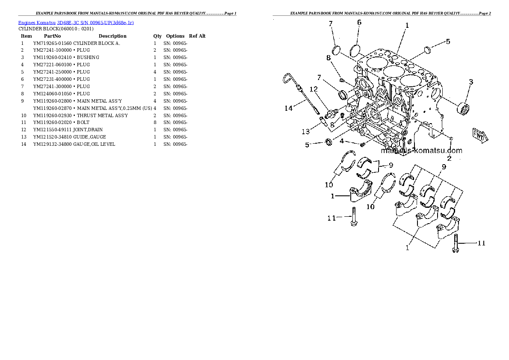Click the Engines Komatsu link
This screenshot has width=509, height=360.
click(x=37, y=23)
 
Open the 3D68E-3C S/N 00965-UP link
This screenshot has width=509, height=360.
click(x=95, y=23)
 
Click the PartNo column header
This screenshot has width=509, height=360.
click(x=52, y=36)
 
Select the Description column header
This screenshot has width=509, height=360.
click(x=112, y=36)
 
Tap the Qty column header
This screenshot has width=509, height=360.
click(x=157, y=36)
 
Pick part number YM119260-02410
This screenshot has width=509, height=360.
click(x=52, y=57)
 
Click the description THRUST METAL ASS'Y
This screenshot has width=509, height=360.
click(x=102, y=115)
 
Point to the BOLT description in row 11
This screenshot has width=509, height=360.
click(x=83, y=122)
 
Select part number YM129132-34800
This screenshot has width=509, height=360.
click(x=52, y=144)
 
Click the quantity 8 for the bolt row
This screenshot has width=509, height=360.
click(x=155, y=122)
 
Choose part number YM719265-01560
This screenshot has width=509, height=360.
click(x=52, y=43)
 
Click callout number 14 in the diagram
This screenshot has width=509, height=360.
click(x=289, y=108)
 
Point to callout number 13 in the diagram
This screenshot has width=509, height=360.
click(x=306, y=131)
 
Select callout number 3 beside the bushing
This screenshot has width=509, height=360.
click(x=471, y=82)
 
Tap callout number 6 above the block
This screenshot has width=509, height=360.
click(x=359, y=22)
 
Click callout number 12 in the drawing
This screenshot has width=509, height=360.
click(x=313, y=89)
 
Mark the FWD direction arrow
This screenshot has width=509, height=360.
click(x=480, y=136)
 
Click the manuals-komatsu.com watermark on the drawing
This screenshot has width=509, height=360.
click(x=421, y=150)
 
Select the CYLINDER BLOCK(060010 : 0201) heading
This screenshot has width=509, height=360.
click(x=56, y=29)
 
